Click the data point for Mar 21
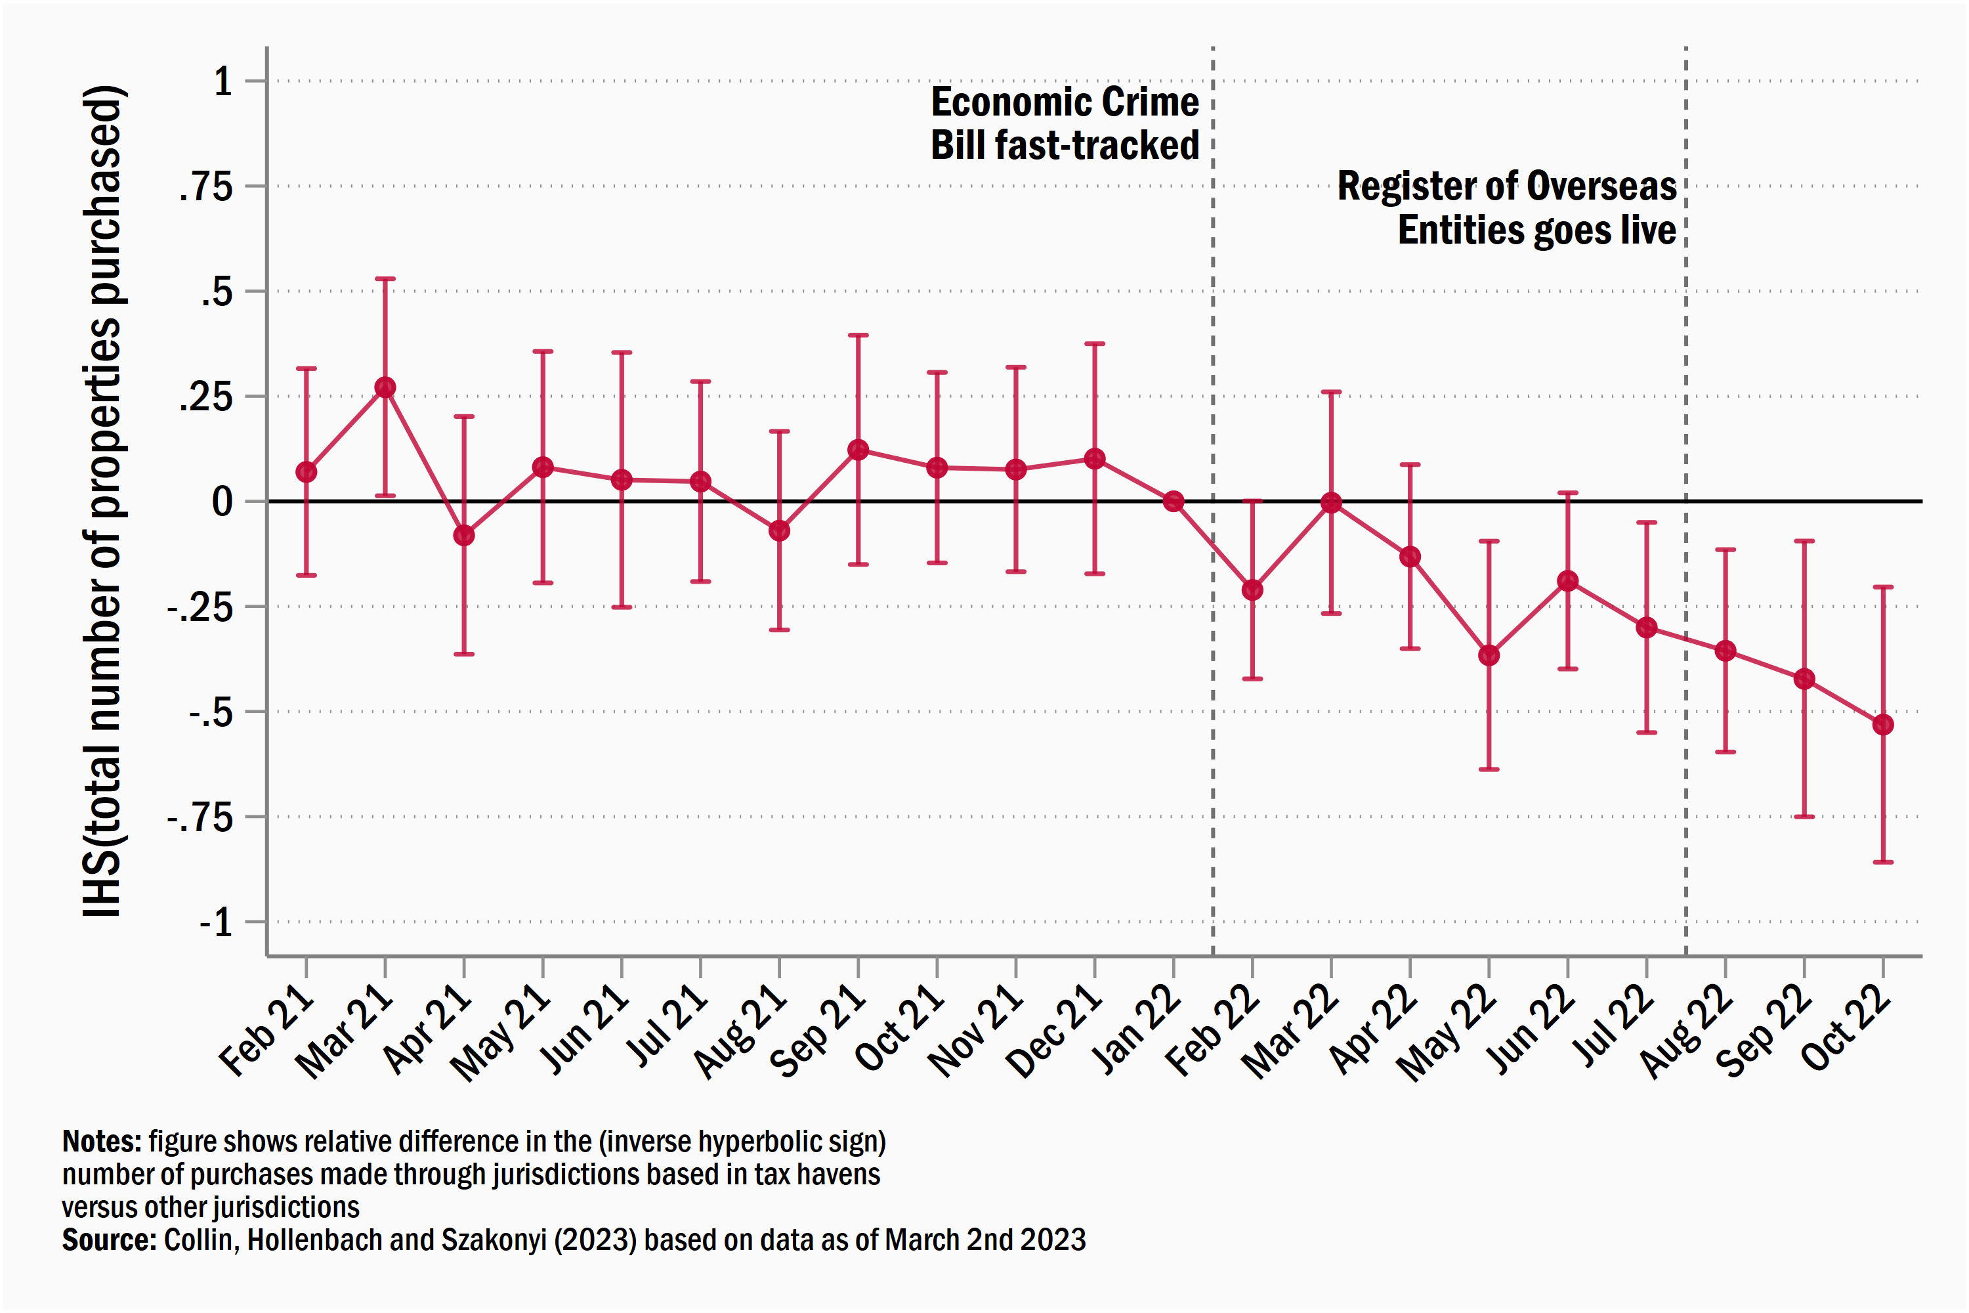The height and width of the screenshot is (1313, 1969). pos(385,388)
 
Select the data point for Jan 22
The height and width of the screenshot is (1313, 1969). pos(1174,502)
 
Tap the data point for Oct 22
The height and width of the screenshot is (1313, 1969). pos(1883,724)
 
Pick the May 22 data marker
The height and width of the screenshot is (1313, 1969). pos(1489,655)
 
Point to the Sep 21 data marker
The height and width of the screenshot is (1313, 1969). pos(858,450)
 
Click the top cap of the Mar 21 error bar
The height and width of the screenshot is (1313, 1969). pos(385,279)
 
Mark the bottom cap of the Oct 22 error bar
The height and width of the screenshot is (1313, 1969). pos(1883,861)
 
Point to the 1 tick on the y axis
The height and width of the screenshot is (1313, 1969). pos(222,82)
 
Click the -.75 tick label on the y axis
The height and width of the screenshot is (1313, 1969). pos(201,817)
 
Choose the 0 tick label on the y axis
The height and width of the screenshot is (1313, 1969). pos(222,502)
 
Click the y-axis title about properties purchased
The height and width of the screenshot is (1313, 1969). pos(104,501)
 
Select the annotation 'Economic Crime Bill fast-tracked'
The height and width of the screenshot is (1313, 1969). pos(1065,123)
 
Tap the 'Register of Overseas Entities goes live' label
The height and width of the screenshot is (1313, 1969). pos(1507,207)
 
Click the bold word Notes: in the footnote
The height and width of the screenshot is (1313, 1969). pos(102,1142)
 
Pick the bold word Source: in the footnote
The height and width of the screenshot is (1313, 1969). pos(109,1240)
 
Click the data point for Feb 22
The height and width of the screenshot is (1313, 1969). pos(1252,590)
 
